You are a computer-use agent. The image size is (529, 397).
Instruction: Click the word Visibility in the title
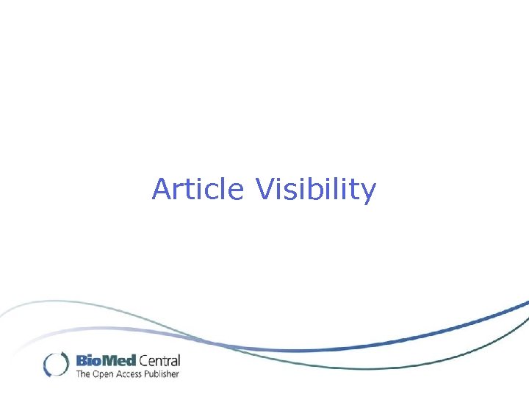click(x=316, y=190)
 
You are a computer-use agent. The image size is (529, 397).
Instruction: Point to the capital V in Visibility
click(x=265, y=189)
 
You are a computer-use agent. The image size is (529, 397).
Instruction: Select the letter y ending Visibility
click(x=368, y=193)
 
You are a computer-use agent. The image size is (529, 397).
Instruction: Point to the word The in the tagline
click(x=83, y=374)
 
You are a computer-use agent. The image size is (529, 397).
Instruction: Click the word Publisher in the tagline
click(x=162, y=374)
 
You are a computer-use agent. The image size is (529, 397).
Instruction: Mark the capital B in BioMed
click(x=82, y=361)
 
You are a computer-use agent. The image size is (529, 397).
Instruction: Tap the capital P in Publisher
click(x=147, y=374)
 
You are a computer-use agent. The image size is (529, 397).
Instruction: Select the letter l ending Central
click(x=178, y=361)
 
